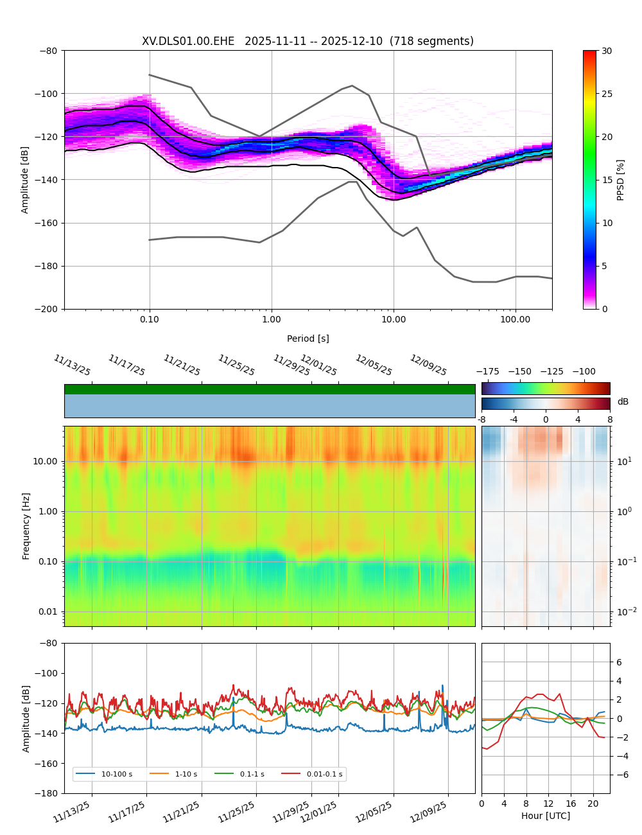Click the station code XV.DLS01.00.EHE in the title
pos(188,42)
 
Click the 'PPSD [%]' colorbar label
pos(620,180)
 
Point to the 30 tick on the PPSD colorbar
pos(607,51)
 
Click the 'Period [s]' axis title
pos(308,338)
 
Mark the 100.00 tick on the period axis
pos(516,319)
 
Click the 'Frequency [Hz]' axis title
pos(26,525)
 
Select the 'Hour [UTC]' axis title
pos(545,816)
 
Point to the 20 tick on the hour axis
pos(593,804)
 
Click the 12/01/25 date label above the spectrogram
pos(319,365)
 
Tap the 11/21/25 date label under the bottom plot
pos(181,812)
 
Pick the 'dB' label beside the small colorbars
pos(623,402)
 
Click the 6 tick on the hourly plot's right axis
pos(618,662)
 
